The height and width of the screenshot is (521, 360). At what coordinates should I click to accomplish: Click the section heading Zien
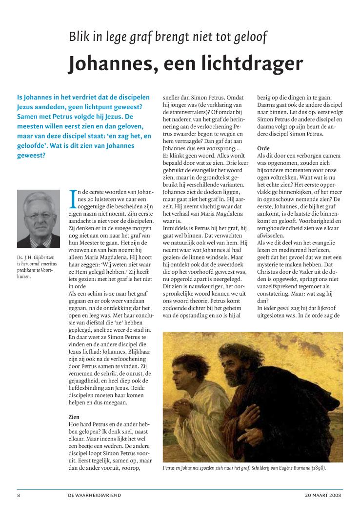[74, 417]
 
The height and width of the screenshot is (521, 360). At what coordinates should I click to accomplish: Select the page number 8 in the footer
[18, 495]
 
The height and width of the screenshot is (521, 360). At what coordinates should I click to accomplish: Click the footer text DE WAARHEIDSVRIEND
[95, 495]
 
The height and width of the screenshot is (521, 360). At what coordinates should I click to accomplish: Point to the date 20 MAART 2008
[320, 495]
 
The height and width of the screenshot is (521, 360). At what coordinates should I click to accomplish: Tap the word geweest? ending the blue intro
[31, 156]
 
